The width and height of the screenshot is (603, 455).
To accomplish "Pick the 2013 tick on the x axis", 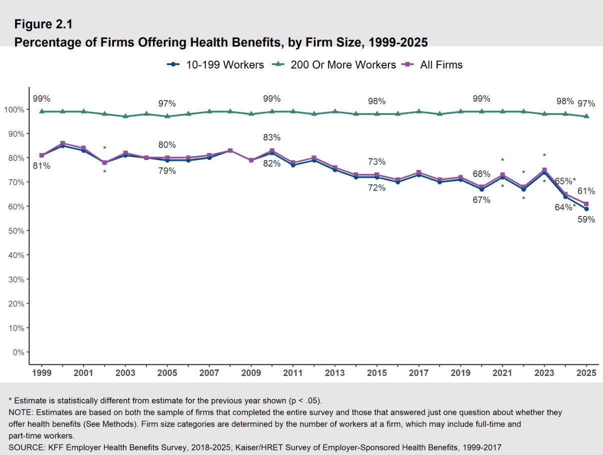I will pos(334,373).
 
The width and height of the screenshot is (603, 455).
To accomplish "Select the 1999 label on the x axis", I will pos(41,373).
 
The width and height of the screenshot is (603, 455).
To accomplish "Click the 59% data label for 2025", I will pos(586,219).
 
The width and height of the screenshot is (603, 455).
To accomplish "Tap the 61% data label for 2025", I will pos(586,190).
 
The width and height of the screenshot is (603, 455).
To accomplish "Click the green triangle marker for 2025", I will pos(586,116).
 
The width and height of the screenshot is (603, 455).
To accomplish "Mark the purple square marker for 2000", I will pos(62,143).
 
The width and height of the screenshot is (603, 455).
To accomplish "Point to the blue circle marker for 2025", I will pos(586,209).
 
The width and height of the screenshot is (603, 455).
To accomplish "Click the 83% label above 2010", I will pos(271,137).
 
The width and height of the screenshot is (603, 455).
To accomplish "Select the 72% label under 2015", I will pos(376,188).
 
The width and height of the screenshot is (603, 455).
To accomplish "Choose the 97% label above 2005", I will pos(167,103).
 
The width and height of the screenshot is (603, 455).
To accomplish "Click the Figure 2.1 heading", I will pos(43,24).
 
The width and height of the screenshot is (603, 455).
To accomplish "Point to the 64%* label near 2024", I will pos(565,207).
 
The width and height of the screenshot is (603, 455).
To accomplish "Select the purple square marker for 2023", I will pos(544,170).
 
